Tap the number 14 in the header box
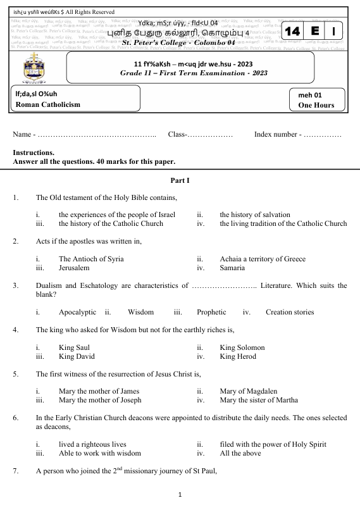coord(292,32)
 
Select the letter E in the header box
coord(314,32)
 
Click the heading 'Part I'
coord(180,182)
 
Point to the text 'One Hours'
coord(316,105)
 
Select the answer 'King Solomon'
coord(242,347)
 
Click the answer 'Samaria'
coord(232,268)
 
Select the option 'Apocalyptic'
coord(77,312)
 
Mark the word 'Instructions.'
coord(34,152)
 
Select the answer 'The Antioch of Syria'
coord(91,259)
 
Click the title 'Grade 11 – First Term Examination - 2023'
coord(194,73)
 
